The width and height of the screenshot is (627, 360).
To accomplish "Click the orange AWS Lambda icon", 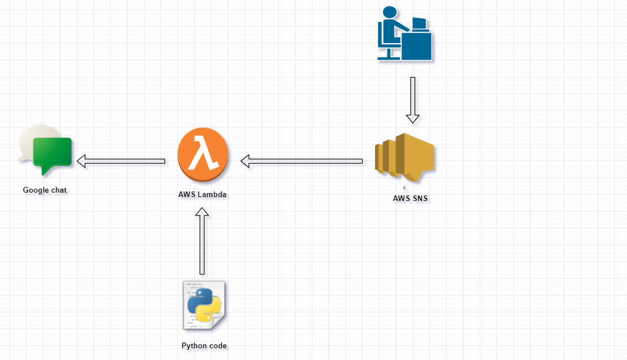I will click(x=203, y=155).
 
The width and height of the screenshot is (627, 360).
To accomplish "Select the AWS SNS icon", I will click(x=405, y=157).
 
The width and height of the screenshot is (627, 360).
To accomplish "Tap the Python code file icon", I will click(x=204, y=305).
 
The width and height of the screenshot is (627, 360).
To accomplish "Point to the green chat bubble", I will click(x=53, y=154).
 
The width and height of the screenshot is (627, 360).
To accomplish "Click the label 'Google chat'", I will click(x=45, y=190).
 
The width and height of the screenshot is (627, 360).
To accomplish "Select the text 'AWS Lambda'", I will click(x=203, y=195).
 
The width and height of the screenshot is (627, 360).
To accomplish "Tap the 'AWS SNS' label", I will click(x=410, y=198).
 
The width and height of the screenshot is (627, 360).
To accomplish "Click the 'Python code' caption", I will click(x=204, y=346).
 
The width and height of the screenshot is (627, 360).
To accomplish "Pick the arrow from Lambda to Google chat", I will click(x=120, y=161).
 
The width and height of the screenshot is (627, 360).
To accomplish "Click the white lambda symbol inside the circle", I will click(x=203, y=153).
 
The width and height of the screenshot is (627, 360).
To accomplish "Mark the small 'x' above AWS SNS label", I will click(x=404, y=188).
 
